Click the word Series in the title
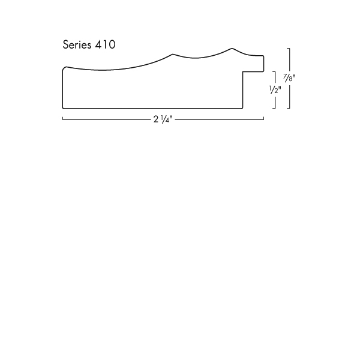(x=77, y=44)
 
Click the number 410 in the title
(x=105, y=44)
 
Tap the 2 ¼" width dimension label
(x=163, y=119)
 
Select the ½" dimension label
(x=275, y=89)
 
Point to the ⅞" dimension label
(x=289, y=78)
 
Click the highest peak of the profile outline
(x=232, y=49)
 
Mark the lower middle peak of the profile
(x=173, y=54)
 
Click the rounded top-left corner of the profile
(x=64, y=68)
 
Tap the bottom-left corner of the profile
(x=63, y=108)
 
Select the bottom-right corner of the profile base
(x=242, y=108)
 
